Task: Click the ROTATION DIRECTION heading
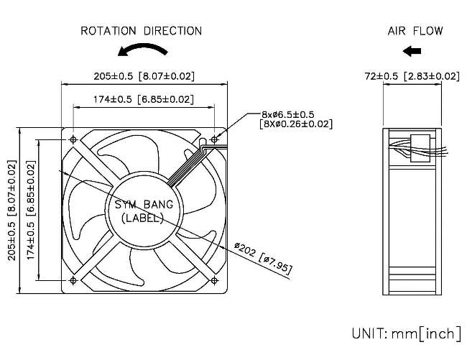tap(141, 31)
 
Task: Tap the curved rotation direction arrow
tap(142, 50)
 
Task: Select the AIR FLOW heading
tap(415, 31)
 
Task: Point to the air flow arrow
tap(412, 50)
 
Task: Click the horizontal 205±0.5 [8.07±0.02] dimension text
tap(144, 75)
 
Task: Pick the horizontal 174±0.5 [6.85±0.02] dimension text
tap(144, 98)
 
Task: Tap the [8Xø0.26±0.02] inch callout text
tap(295, 124)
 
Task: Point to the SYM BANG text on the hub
tap(144, 205)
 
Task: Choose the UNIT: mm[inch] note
tap(406, 333)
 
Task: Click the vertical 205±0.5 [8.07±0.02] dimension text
tap(12, 210)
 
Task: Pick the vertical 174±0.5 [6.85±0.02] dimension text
tap(31, 210)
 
